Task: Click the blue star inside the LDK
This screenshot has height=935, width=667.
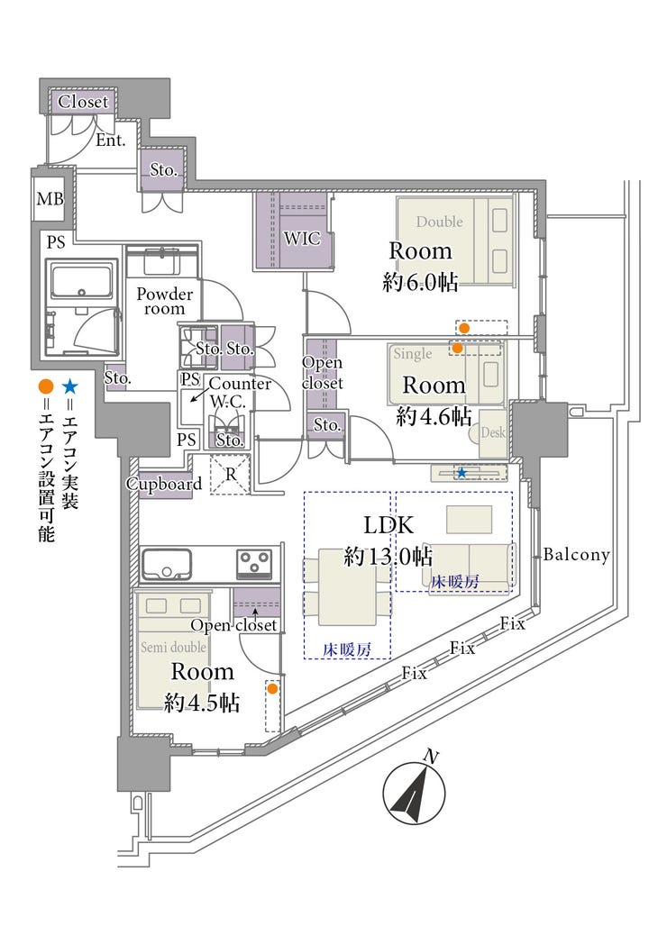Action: (x=461, y=473)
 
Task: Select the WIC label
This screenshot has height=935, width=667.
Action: (x=302, y=239)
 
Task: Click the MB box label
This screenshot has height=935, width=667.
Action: (x=50, y=197)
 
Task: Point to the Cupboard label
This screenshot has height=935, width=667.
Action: (x=164, y=484)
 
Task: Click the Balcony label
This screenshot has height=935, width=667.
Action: (x=576, y=555)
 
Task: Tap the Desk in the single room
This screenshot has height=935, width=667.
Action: (x=493, y=433)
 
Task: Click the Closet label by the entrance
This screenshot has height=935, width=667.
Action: (x=84, y=102)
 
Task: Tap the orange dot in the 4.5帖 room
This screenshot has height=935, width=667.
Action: (x=272, y=689)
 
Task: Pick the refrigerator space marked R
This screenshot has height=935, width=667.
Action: (x=231, y=475)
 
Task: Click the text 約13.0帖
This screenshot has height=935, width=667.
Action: (x=388, y=557)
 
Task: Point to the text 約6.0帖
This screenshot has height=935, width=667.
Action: (x=421, y=281)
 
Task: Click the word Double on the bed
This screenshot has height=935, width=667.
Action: (x=440, y=222)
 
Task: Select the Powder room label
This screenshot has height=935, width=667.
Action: (x=165, y=301)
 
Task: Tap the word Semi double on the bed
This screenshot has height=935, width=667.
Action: (x=174, y=647)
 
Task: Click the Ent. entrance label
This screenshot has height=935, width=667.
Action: (x=111, y=141)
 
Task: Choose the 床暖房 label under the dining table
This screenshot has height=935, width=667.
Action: (x=347, y=649)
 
